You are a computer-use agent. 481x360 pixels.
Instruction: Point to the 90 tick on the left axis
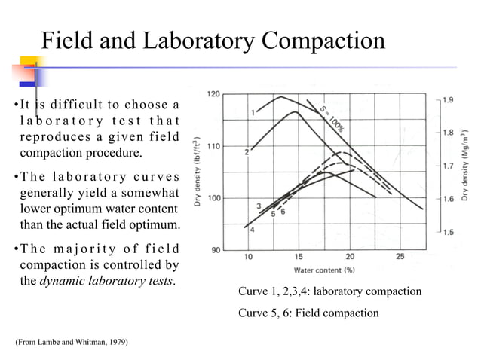[215, 249]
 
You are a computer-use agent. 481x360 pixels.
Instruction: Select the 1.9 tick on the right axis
[447, 99]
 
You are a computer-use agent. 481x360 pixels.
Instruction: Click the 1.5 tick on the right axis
[447, 233]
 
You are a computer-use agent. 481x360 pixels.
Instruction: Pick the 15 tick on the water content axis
[299, 257]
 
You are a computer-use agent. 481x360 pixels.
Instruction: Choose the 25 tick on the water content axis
[400, 257]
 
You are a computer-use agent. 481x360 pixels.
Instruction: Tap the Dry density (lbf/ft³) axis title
[198, 171]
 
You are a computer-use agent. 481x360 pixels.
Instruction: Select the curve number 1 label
[253, 113]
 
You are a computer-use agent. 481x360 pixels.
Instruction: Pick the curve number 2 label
[247, 152]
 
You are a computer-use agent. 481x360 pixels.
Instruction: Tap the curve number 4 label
[252, 230]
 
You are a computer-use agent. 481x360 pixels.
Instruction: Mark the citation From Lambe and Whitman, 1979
[72, 343]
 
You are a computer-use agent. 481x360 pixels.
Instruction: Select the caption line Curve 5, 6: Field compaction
[308, 313]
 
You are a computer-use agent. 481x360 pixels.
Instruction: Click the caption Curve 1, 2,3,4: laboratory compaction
[329, 291]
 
